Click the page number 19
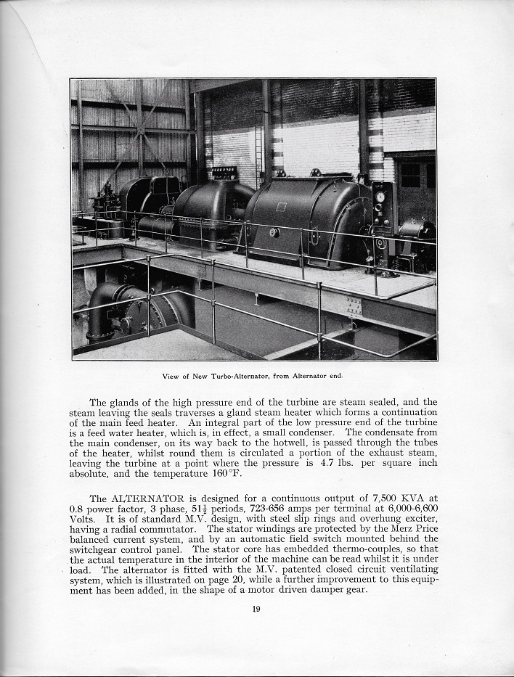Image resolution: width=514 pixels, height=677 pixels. [256, 610]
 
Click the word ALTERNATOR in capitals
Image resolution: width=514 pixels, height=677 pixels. [150, 498]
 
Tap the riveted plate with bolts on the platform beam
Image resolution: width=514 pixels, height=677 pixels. [354, 307]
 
